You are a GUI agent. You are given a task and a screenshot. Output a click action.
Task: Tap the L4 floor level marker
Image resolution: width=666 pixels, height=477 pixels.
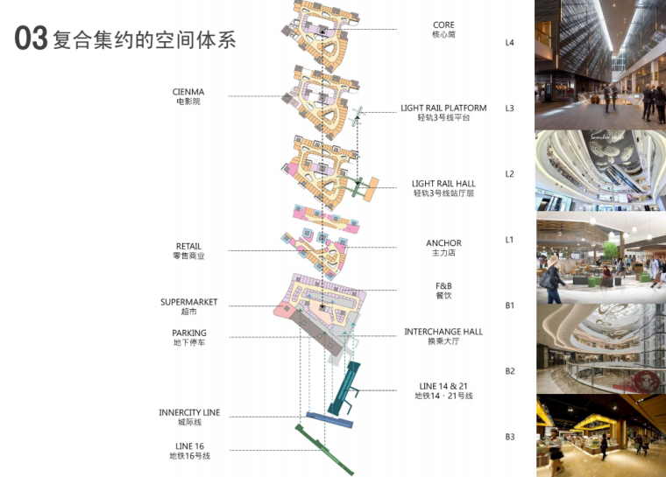510,43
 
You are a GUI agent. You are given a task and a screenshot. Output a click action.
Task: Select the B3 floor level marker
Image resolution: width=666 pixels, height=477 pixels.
510,437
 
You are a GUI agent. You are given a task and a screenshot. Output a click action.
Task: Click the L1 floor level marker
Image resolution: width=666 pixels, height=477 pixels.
510,240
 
